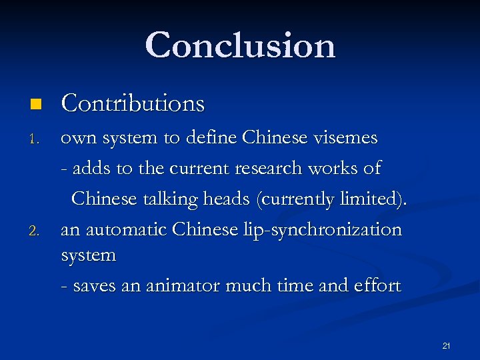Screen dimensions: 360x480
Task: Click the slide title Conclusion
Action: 240,45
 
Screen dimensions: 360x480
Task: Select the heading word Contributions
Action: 133,103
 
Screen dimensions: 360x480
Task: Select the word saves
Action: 91,286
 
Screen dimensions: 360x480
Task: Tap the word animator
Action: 179,286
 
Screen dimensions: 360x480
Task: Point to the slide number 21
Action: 446,345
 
